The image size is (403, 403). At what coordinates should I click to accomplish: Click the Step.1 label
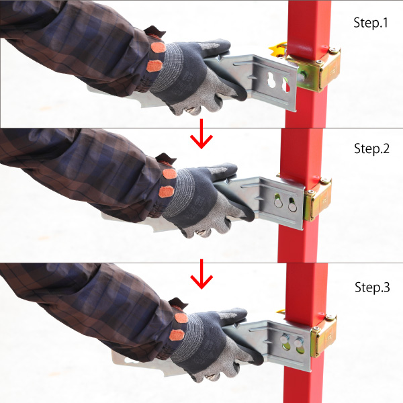point(370,23)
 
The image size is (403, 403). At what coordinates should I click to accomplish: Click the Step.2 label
point(371,148)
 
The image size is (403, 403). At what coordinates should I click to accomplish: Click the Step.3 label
point(372,287)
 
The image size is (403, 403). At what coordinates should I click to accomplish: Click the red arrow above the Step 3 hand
point(201,274)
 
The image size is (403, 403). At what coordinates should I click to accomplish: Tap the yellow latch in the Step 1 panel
point(277,50)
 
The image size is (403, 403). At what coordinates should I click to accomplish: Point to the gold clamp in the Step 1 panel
point(318,69)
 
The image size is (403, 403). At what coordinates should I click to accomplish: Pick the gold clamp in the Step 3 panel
point(323,337)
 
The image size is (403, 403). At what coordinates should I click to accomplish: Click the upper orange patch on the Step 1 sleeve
point(158,48)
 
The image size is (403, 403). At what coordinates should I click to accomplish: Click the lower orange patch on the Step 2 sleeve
point(167,191)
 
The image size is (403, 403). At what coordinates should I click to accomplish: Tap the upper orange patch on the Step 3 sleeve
point(181,318)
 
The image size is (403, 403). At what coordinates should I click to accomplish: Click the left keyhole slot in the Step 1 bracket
point(271,80)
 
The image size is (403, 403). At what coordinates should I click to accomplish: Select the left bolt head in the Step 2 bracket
point(278,204)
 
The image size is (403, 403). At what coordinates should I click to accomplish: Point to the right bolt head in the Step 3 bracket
point(299,343)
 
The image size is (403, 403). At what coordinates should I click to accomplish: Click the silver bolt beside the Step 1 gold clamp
point(301,77)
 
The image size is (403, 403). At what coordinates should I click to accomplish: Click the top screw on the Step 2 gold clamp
point(324,181)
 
